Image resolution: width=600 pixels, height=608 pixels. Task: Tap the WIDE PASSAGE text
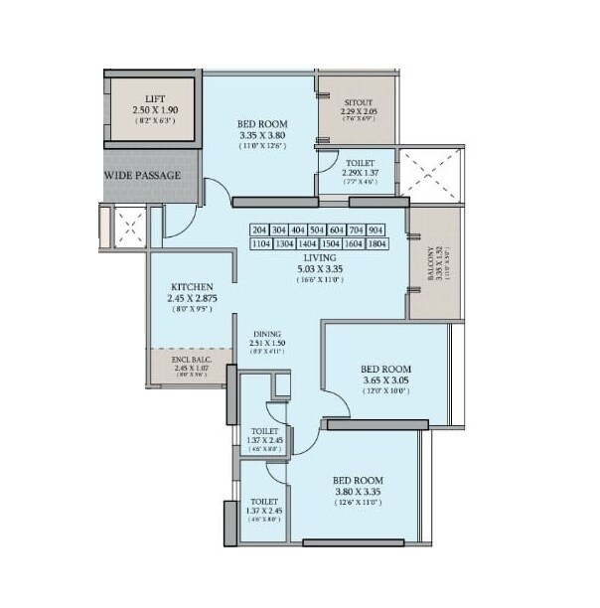(143, 176)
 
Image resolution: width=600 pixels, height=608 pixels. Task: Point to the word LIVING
(319, 254)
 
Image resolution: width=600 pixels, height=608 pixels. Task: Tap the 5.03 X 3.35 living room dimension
(319, 266)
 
